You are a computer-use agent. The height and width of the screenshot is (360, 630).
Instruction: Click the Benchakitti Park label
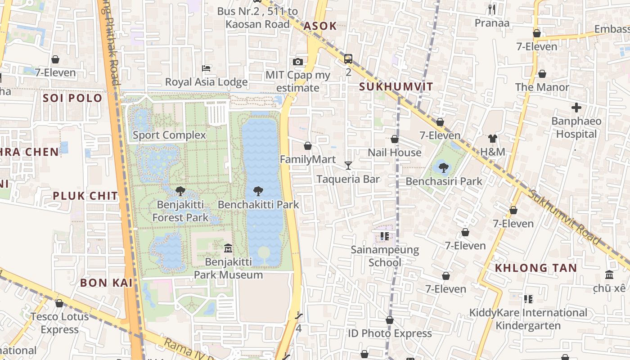point(258,205)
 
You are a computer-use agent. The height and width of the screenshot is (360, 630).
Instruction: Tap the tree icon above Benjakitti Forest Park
point(180,191)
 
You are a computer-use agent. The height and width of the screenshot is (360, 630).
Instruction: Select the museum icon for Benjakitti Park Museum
point(228,248)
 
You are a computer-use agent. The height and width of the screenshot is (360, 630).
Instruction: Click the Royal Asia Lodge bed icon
point(207,68)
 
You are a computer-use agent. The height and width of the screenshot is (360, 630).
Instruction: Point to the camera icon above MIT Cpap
point(297,62)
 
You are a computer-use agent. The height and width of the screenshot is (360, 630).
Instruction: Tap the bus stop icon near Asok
point(348,58)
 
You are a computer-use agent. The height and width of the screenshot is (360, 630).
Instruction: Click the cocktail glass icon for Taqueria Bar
point(348,166)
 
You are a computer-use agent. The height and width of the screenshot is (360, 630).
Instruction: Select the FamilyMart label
point(308,159)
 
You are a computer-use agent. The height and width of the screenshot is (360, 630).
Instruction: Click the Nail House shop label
point(395,153)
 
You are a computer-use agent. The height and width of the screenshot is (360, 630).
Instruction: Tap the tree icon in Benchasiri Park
point(444,168)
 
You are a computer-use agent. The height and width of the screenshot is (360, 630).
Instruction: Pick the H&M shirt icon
point(493,139)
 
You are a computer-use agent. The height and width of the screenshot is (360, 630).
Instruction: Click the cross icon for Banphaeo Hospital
point(576,108)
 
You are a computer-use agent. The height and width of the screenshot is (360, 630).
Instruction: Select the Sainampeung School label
point(385,256)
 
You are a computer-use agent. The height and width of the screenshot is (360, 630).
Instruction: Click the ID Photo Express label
point(390,333)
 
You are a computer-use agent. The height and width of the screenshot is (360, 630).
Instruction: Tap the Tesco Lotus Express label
point(59,323)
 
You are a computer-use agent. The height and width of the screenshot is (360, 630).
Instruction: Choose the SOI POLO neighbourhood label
point(72,98)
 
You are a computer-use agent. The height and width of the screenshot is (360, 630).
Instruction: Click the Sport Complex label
point(169,135)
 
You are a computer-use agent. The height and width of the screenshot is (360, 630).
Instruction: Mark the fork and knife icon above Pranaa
point(492,9)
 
